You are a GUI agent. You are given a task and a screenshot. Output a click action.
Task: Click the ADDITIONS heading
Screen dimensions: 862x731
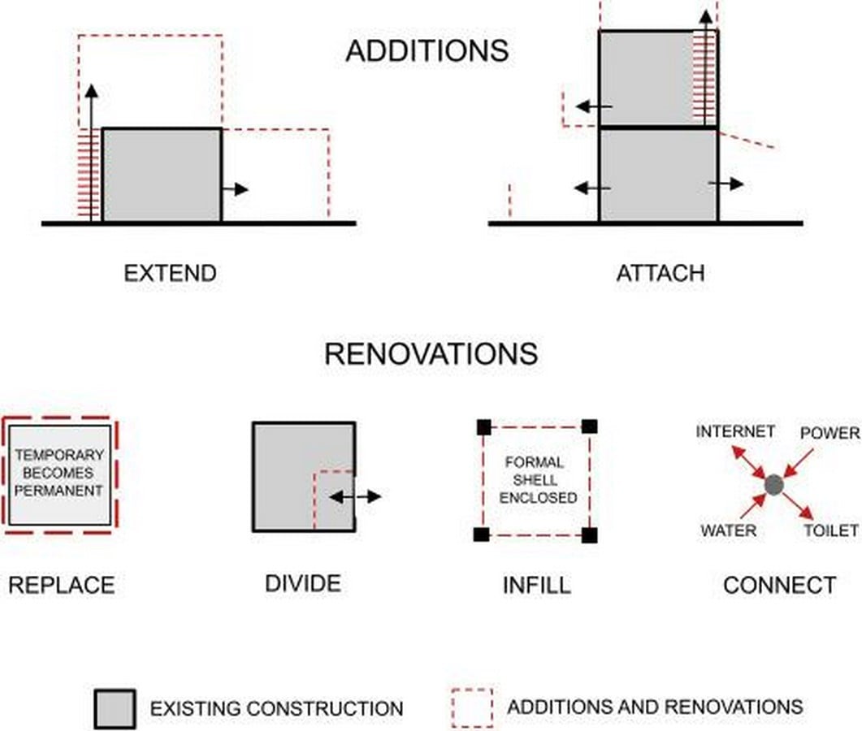427,51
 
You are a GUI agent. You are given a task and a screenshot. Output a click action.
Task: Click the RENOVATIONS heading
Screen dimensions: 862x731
431,353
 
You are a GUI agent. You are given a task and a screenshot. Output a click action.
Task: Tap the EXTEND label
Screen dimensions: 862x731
170,273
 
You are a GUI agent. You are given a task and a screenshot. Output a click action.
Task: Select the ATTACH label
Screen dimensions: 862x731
661,273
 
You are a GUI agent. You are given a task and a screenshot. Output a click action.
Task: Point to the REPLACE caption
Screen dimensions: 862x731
62,585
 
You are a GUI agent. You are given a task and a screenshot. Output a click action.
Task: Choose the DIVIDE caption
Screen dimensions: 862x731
303,583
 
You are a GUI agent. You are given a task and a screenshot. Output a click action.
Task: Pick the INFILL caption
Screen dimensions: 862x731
536,585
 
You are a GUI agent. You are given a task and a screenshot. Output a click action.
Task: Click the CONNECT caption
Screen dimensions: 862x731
780,585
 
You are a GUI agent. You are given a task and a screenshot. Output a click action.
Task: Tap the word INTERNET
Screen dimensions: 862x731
735,431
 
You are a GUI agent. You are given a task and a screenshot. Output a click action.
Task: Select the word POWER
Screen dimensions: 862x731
830,433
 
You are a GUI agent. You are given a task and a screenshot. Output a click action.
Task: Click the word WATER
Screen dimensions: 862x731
729,530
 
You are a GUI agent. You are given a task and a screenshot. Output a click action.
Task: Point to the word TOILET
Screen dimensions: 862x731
831,530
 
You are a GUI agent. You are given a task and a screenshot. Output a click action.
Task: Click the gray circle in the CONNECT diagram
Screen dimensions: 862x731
773,485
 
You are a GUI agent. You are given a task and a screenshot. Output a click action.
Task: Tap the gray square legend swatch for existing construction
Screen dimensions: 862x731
115,709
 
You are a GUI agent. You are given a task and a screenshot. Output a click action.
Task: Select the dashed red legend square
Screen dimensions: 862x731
472,708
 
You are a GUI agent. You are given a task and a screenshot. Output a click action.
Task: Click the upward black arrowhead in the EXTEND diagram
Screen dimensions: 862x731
92,92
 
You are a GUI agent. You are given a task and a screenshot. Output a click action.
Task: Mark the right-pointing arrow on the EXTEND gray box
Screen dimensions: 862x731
236,189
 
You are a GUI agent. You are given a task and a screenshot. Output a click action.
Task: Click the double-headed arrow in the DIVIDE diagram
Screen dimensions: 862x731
356,497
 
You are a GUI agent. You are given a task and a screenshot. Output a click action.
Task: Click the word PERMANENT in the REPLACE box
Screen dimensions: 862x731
58,491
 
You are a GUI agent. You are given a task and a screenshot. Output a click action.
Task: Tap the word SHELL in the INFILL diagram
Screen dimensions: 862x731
535,480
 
